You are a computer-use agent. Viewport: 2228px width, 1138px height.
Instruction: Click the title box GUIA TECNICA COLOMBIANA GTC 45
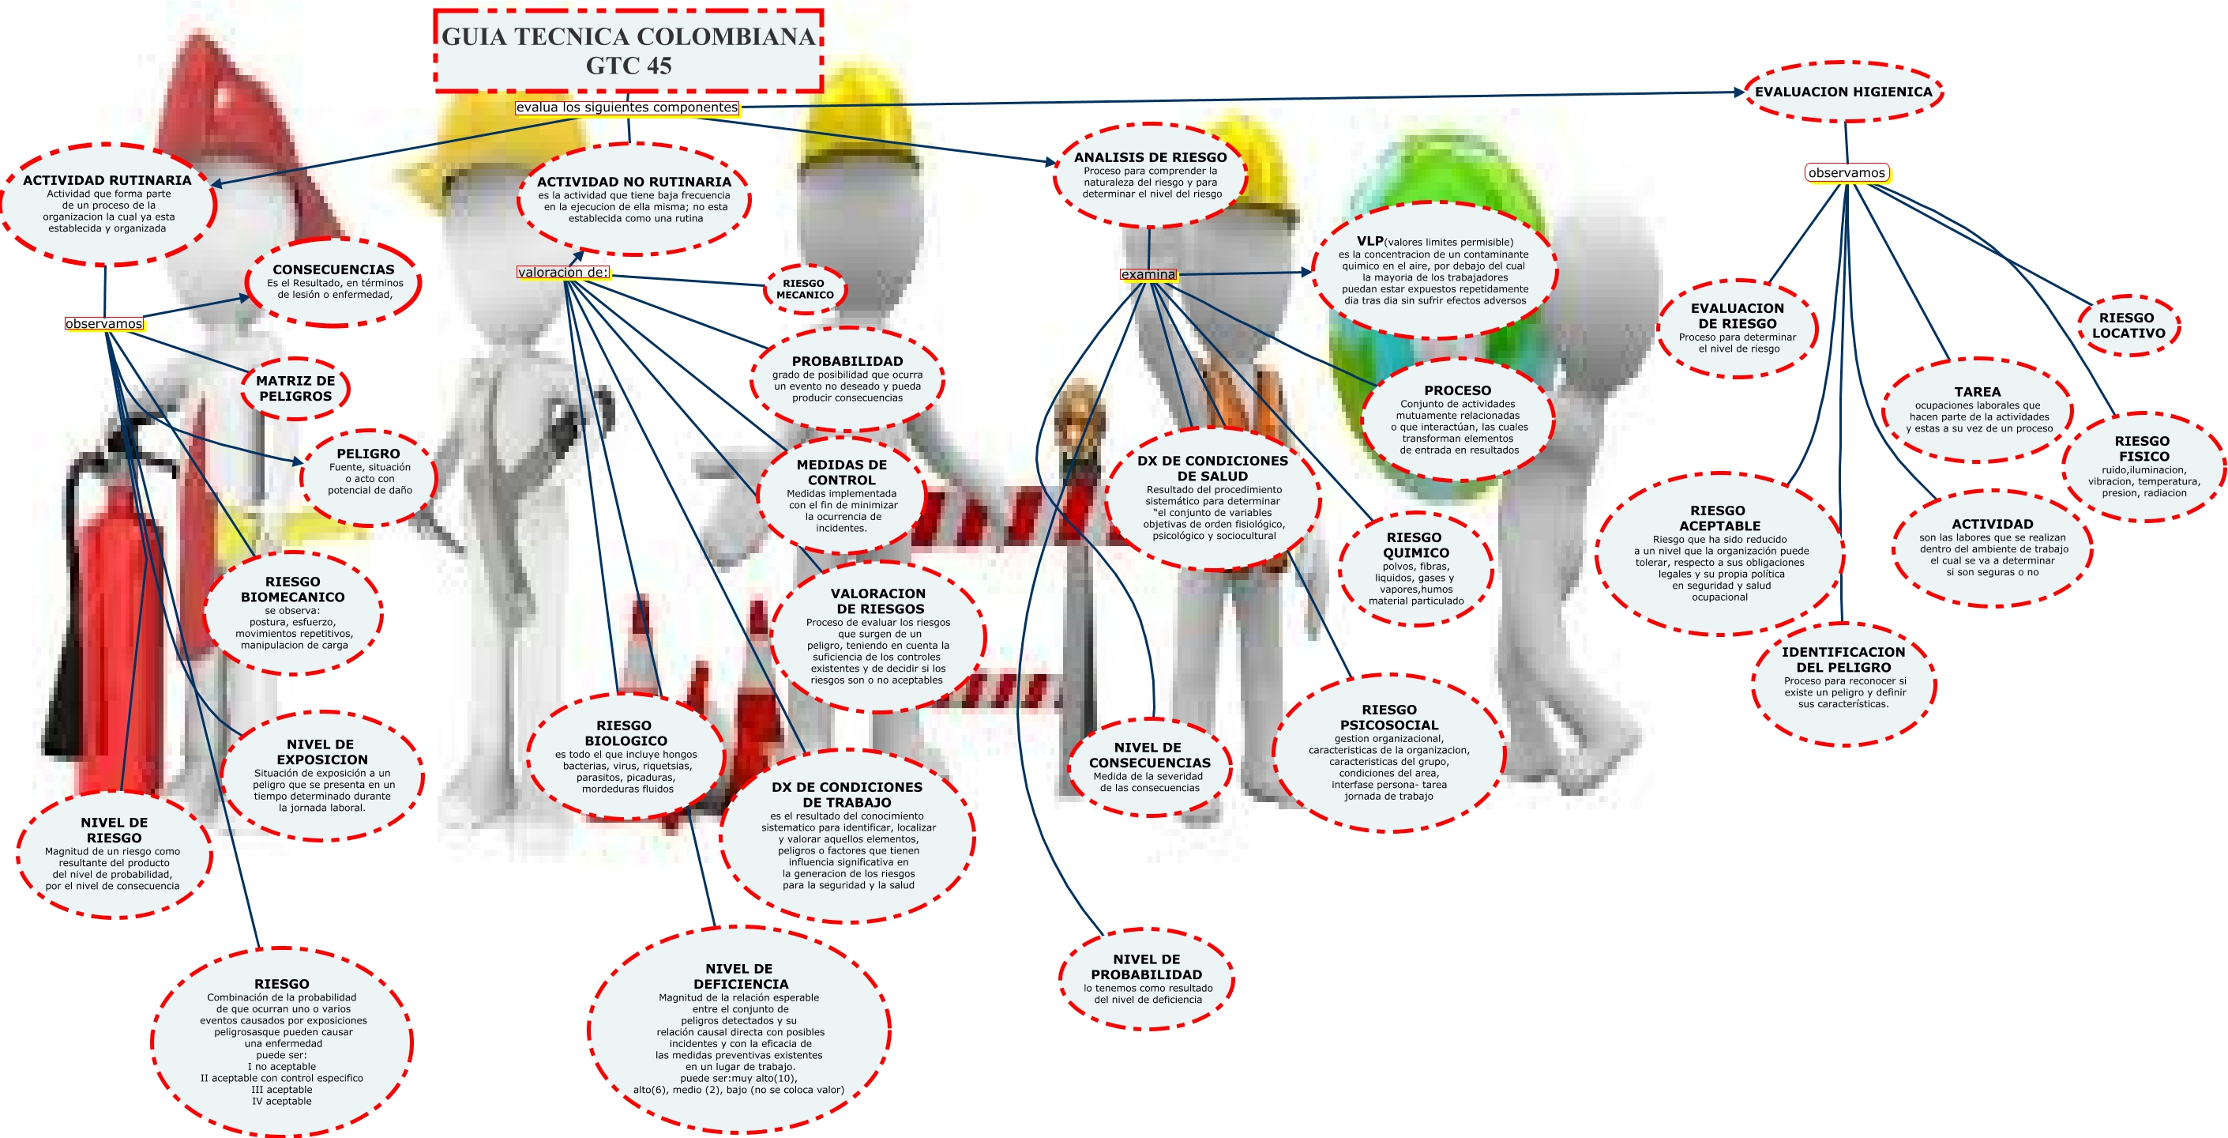[628, 51]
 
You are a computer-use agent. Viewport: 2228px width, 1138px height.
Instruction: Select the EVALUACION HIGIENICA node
[1843, 92]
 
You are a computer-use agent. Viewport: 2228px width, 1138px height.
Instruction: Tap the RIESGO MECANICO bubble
[804, 289]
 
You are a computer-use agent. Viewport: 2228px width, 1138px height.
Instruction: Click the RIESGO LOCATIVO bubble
[2128, 326]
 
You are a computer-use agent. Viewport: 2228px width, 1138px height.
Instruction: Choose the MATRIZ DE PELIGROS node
[295, 389]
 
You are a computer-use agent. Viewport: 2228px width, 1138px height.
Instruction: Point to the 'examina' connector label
[1148, 274]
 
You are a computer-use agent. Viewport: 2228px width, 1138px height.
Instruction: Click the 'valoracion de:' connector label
[563, 273]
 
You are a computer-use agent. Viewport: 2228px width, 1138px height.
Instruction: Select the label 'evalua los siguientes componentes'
[627, 107]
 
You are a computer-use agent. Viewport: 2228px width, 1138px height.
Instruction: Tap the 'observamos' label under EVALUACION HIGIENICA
[1847, 173]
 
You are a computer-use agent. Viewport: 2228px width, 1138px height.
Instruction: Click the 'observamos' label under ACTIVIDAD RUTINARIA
[103, 324]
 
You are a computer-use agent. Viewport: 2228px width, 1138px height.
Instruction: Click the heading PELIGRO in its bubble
[369, 454]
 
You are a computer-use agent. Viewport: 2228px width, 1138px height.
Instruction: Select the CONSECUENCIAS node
[334, 282]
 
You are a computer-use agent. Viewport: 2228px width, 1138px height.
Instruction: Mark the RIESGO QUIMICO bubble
[1415, 567]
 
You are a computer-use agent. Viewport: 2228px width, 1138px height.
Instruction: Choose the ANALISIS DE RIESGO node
[1150, 175]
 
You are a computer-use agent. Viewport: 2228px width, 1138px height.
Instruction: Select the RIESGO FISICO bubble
[2143, 466]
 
